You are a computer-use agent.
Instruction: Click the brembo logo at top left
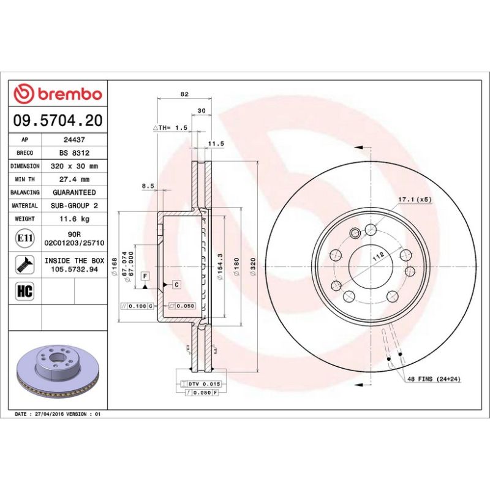(x=58, y=94)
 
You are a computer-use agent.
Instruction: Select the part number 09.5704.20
(x=58, y=120)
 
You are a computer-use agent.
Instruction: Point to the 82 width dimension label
(x=184, y=94)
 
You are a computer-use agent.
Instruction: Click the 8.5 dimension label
(x=148, y=185)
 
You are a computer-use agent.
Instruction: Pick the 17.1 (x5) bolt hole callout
(x=415, y=200)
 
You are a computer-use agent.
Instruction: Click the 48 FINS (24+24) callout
(x=434, y=380)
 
